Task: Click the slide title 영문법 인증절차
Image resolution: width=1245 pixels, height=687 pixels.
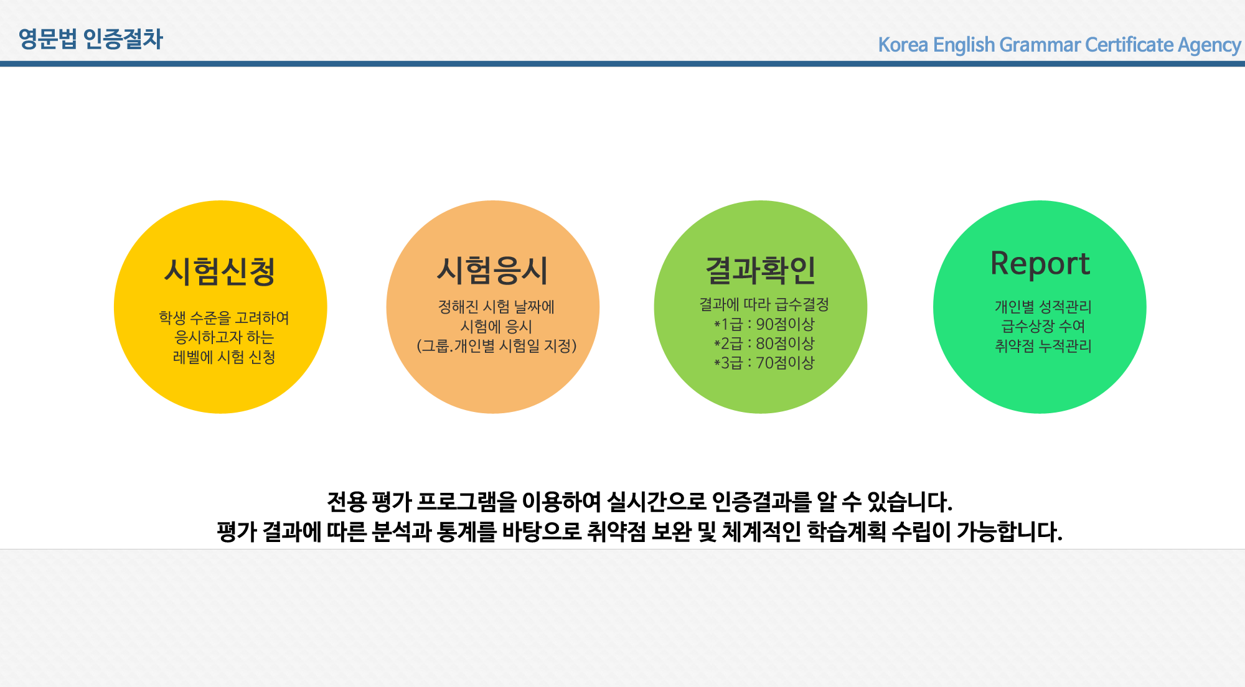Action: click(x=91, y=39)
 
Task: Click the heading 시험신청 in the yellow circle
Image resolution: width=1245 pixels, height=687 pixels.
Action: click(x=220, y=271)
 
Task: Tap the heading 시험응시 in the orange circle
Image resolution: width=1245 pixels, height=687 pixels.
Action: click(x=492, y=270)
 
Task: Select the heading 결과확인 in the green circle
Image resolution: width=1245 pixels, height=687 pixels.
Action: click(x=760, y=270)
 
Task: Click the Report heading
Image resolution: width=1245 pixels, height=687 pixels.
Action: click(x=1040, y=263)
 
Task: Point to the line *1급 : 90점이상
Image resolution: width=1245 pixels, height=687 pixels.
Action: click(x=764, y=324)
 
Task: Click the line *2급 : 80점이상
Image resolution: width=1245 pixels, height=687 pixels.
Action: click(x=764, y=343)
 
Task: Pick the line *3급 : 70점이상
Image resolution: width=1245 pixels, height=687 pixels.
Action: click(x=764, y=363)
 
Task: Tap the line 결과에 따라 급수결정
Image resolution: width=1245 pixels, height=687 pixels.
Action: click(x=764, y=304)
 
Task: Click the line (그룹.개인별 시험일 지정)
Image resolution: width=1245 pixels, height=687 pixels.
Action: click(x=497, y=345)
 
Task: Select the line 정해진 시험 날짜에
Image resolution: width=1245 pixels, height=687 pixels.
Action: click(x=496, y=307)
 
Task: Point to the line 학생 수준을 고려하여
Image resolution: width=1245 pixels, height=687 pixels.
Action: click(x=224, y=318)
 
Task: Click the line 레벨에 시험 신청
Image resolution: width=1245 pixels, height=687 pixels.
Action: click(x=224, y=357)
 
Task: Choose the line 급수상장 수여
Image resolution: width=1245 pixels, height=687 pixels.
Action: click(x=1043, y=326)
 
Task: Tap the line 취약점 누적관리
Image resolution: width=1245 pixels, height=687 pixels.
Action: click(x=1043, y=346)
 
